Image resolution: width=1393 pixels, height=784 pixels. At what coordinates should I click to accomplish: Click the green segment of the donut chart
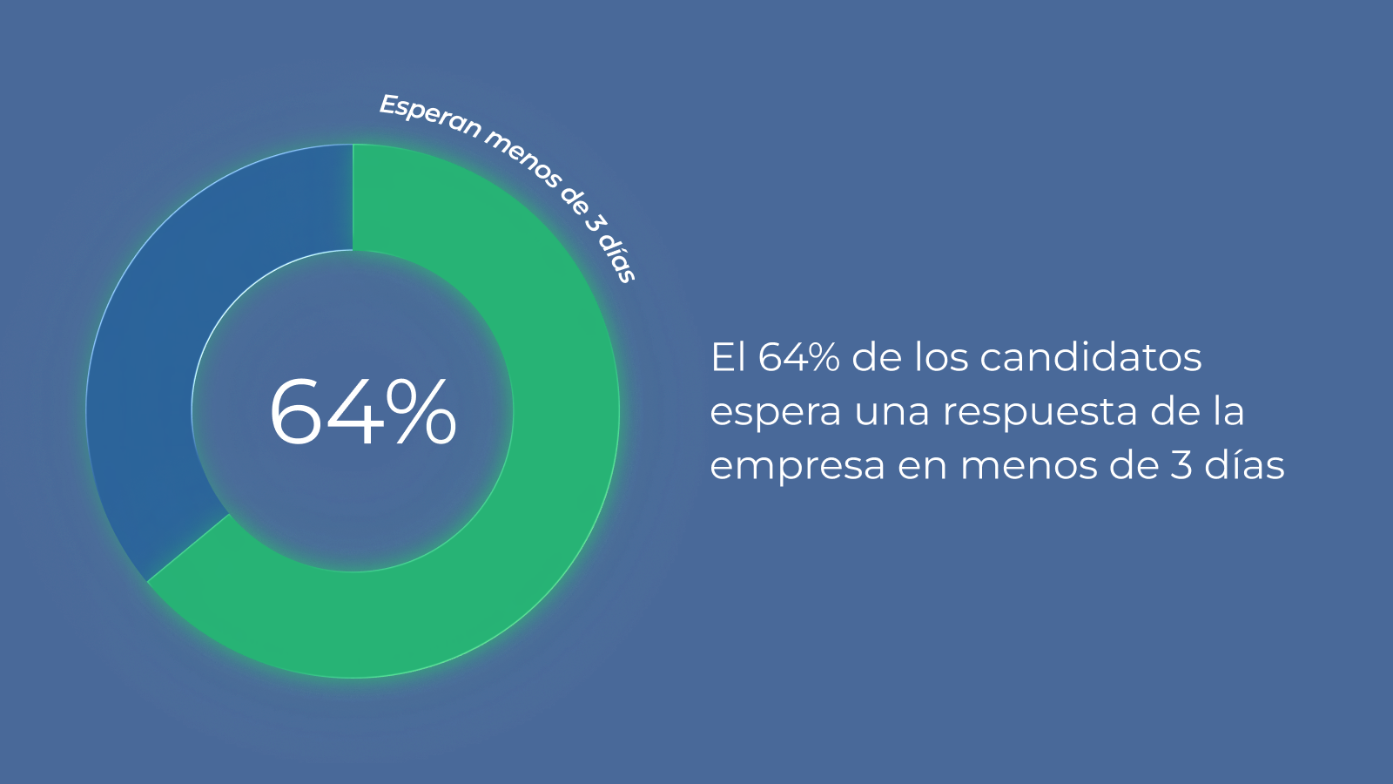point(540,488)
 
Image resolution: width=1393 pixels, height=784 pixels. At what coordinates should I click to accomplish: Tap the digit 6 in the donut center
point(299,413)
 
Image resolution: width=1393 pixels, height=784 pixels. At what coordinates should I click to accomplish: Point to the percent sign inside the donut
point(421,413)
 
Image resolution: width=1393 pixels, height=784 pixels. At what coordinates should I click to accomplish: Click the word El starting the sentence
point(728,357)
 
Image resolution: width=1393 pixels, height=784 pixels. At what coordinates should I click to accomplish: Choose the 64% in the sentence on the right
point(798,357)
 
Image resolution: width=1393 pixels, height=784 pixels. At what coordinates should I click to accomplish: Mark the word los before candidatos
point(941,357)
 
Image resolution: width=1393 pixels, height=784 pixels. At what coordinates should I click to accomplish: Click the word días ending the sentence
point(1244,465)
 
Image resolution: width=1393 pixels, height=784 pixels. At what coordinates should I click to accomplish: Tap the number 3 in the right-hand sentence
point(1180,466)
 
